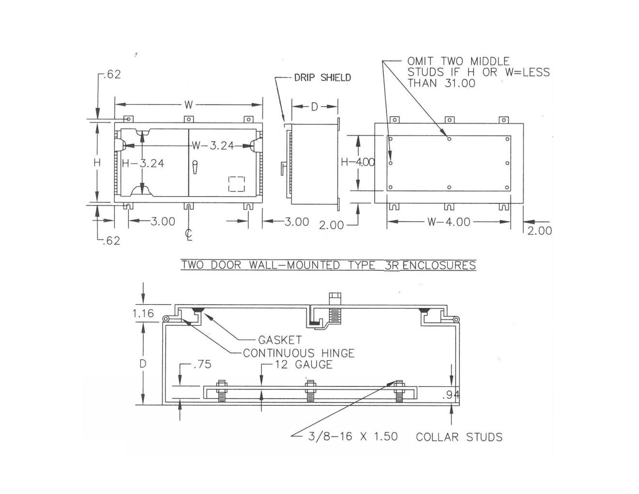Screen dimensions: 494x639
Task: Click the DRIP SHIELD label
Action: point(322,77)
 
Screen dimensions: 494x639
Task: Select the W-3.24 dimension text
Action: point(213,145)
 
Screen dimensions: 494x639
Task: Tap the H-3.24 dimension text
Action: point(143,164)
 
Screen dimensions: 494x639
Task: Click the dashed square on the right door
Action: point(236,184)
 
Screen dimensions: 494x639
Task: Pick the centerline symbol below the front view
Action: point(189,234)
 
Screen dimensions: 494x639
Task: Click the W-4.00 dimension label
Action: point(449,222)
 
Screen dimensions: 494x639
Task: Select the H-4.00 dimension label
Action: point(357,162)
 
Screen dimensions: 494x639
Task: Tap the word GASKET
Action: point(279,340)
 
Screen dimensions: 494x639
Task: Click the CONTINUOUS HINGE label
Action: point(299,354)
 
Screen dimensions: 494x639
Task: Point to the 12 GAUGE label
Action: point(304,365)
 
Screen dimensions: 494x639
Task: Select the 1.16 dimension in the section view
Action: point(143,314)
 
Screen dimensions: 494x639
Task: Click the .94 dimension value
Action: point(451,395)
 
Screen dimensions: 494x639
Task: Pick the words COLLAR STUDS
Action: point(459,437)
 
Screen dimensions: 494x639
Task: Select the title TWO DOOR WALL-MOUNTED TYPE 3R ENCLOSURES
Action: point(328,265)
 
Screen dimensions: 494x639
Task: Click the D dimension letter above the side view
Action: point(315,107)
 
